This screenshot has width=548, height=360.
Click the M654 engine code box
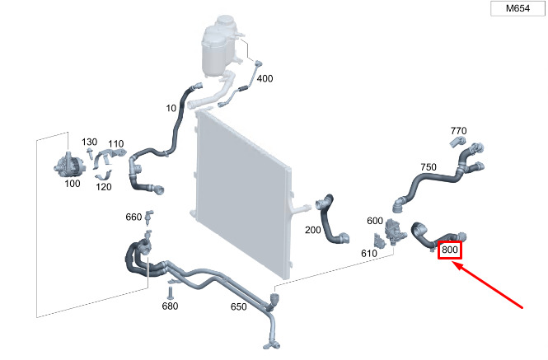tap(518, 8)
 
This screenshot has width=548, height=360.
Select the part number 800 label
tap(450, 250)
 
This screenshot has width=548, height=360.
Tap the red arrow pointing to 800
tap(488, 285)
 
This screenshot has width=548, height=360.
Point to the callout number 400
tap(265, 78)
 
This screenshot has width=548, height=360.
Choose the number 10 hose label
tap(171, 109)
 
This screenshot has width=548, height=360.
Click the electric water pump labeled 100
tap(69, 165)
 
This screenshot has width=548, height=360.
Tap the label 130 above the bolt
tap(89, 142)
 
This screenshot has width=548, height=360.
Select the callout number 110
tap(115, 144)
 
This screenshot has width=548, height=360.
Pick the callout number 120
tap(104, 187)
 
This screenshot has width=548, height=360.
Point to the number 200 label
tap(312, 230)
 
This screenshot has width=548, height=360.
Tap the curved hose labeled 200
tap(330, 221)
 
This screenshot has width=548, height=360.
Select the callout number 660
tap(133, 217)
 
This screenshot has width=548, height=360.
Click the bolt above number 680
tap(171, 293)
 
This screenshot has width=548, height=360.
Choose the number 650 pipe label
tap(239, 307)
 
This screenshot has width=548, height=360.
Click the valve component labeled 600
tap(394, 232)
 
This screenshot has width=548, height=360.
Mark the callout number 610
tap(368, 253)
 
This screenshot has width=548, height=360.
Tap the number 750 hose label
tap(429, 167)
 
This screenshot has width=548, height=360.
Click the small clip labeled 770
tap(457, 142)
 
